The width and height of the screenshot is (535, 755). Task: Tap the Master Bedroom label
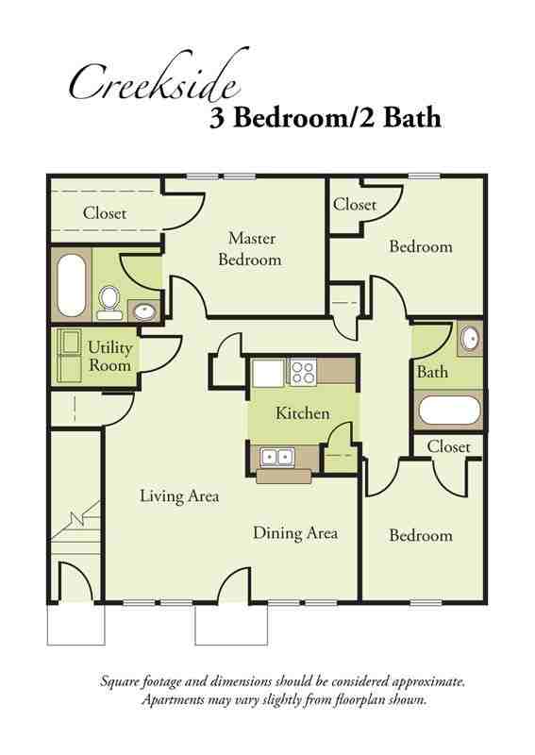pyautogui.click(x=250, y=248)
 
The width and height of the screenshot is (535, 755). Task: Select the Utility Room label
pyautogui.click(x=109, y=356)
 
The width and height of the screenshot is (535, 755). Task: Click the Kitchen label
pyautogui.click(x=302, y=413)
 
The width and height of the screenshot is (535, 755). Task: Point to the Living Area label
pyautogui.click(x=179, y=495)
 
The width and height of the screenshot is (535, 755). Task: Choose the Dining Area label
pyautogui.click(x=294, y=533)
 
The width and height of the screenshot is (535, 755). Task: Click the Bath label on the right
pyautogui.click(x=432, y=372)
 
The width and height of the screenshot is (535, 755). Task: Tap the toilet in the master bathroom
pyautogui.click(x=109, y=300)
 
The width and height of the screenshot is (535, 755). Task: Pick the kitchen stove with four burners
pyautogui.click(x=302, y=373)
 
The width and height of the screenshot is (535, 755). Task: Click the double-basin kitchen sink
pyautogui.click(x=276, y=457)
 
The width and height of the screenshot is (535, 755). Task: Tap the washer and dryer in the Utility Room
pyautogui.click(x=69, y=355)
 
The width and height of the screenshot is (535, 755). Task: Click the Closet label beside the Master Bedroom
pyautogui.click(x=104, y=213)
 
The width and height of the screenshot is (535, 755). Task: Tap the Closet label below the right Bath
pyautogui.click(x=448, y=446)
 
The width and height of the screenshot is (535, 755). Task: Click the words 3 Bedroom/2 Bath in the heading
pyautogui.click(x=324, y=119)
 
